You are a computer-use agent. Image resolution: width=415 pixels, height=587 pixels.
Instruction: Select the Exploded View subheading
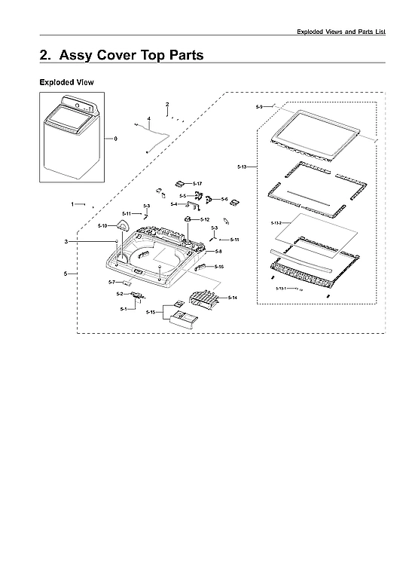tap(66, 81)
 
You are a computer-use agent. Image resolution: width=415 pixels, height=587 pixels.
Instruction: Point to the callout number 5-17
tap(197, 184)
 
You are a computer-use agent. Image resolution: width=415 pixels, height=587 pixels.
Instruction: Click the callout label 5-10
tap(103, 226)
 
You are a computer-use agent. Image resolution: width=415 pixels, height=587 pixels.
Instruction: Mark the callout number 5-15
tap(151, 312)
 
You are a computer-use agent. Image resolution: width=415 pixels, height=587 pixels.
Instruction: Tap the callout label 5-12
tap(205, 219)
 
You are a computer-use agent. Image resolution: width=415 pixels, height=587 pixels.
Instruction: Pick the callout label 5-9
tap(259, 107)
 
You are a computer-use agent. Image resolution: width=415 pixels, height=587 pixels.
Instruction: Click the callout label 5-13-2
tap(276, 224)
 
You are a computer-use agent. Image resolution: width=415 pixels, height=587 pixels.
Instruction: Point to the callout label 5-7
tap(112, 282)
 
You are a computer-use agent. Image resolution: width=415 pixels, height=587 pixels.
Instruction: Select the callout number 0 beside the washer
tap(115, 139)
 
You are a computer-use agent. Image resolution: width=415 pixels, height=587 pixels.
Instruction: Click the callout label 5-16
tap(218, 267)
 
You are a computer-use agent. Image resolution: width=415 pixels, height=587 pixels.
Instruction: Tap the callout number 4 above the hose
tap(148, 119)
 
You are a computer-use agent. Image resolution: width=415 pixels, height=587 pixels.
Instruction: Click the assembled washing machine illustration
tap(72, 137)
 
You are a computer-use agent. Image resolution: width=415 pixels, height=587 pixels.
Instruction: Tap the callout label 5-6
tap(224, 199)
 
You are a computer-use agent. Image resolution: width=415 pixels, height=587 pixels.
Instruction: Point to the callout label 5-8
tap(218, 251)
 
